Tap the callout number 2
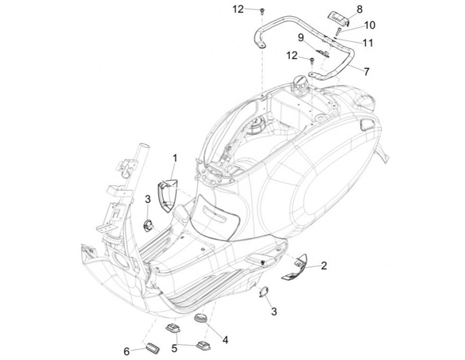tap(324, 265)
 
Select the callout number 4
tap(225, 338)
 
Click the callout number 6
tap(127, 351)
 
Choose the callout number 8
tap(360, 8)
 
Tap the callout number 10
tap(369, 25)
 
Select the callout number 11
tap(368, 43)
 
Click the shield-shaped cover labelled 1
tap(169, 193)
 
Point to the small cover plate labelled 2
tap(294, 264)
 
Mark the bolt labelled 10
tap(338, 31)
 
